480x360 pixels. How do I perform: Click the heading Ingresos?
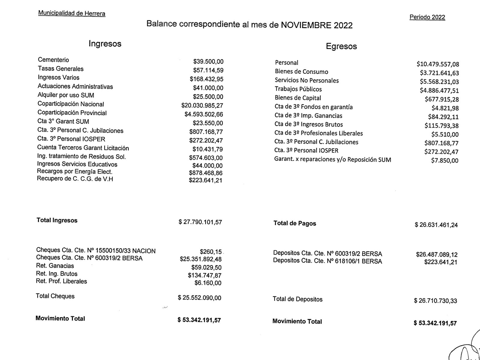[105, 44]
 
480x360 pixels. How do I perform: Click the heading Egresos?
[341, 47]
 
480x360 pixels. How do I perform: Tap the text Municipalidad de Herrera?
[72, 14]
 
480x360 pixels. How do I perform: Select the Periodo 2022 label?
[427, 17]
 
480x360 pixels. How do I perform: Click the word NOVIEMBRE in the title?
[303, 25]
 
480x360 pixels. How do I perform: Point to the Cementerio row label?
[53, 60]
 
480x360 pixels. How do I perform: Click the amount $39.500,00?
[208, 62]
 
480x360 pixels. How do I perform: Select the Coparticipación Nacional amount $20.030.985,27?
[202, 106]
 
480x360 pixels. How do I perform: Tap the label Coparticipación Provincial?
[72, 113]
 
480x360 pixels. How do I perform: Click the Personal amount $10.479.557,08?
[438, 64]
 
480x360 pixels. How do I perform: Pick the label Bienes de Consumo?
[301, 72]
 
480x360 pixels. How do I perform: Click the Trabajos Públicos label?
[298, 89]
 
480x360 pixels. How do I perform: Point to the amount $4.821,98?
[445, 108]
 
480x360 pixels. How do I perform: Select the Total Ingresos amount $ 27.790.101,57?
[200, 222]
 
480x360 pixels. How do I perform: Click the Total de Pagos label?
[295, 223]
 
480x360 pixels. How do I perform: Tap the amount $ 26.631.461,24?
[436, 225]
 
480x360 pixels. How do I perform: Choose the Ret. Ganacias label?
[55, 266]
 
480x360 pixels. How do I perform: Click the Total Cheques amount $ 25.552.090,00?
[199, 298]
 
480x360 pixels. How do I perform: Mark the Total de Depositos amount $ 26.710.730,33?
[435, 301]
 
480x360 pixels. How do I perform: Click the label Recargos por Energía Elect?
[74, 172]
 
